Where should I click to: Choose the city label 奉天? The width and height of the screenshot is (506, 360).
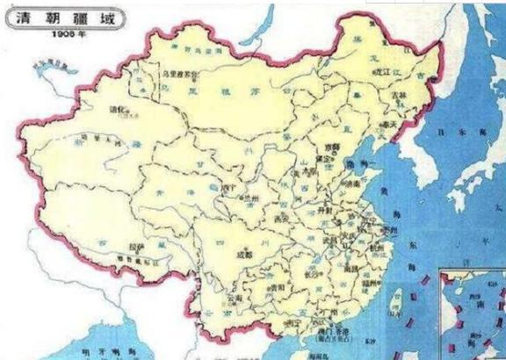point(385,125)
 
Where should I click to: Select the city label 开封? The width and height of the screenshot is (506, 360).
point(321,210)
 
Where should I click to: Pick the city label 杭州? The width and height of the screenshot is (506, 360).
point(375,249)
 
